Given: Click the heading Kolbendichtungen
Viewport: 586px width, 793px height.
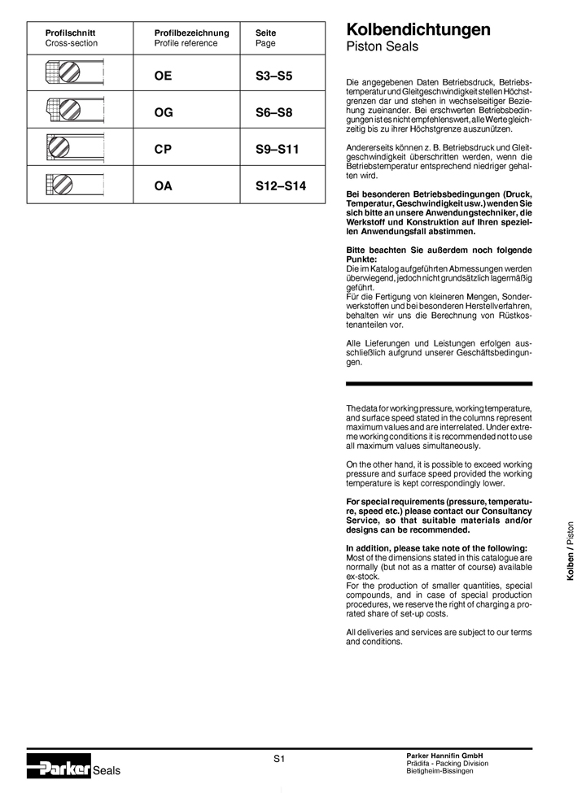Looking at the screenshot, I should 418,30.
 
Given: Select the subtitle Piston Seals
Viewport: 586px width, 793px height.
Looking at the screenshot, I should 382,47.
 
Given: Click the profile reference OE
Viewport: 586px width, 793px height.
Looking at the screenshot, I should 164,76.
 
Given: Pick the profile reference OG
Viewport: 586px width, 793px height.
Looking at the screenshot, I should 164,113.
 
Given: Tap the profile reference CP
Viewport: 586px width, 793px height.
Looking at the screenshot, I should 164,150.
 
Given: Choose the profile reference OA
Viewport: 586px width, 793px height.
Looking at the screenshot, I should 164,186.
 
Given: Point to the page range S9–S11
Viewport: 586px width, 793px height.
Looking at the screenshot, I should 273,150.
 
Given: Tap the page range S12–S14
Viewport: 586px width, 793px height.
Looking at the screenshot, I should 275,186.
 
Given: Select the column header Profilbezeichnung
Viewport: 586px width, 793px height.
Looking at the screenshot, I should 192,33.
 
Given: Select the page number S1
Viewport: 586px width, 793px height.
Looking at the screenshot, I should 278,759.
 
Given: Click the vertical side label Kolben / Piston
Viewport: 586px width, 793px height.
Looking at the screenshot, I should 570,551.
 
